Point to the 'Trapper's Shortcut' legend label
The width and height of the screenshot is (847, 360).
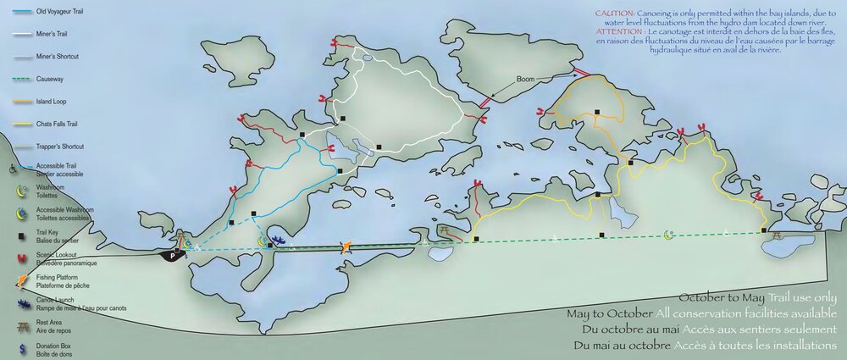[x=59, y=146]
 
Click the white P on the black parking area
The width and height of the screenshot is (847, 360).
[x=174, y=254]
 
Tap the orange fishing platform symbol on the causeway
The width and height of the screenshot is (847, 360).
[x=345, y=247]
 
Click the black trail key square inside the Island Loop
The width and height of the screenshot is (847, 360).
[x=596, y=112]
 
